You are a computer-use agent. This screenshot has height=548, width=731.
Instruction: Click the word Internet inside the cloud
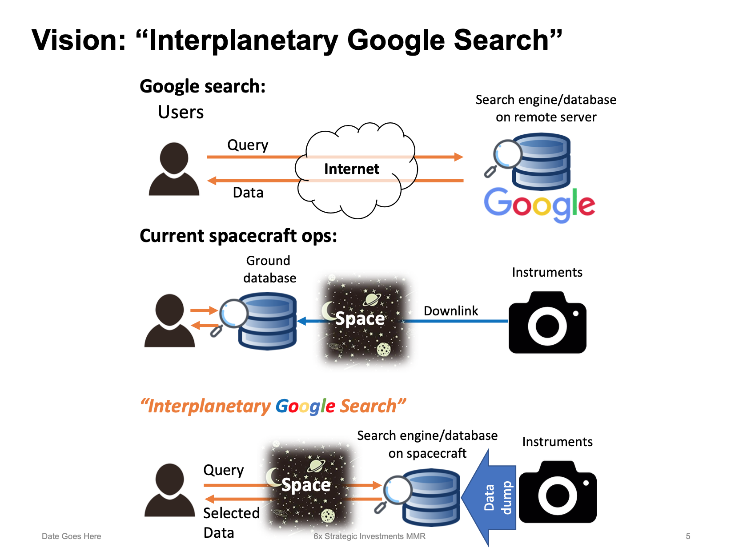point(351,169)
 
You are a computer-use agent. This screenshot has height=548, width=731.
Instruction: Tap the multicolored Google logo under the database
point(539,205)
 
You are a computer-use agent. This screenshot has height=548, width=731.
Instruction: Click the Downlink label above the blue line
point(450,311)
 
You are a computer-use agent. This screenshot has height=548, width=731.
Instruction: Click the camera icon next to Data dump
point(558,493)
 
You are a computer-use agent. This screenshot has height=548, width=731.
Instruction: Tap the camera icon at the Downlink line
point(547,323)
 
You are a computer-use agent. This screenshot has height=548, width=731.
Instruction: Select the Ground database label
point(269,269)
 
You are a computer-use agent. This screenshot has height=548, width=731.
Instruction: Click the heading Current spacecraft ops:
point(238,236)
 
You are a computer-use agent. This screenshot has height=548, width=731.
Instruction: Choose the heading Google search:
point(203,86)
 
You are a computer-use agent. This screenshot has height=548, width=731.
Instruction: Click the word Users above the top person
point(181,112)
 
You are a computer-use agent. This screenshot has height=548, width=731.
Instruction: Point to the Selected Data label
point(231,523)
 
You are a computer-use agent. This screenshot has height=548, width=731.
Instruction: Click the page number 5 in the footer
point(688,536)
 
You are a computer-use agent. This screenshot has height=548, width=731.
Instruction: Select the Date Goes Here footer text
point(71,536)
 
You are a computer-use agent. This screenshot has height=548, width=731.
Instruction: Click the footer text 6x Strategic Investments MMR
point(370,536)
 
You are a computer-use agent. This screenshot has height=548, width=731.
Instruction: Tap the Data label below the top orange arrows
point(248,193)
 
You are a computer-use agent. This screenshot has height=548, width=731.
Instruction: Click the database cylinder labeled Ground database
point(267,321)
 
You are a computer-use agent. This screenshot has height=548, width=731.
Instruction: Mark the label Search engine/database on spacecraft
point(427,444)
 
